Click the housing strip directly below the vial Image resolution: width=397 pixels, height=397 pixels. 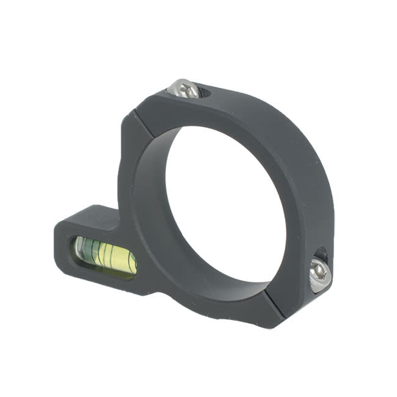coord(104,278)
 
